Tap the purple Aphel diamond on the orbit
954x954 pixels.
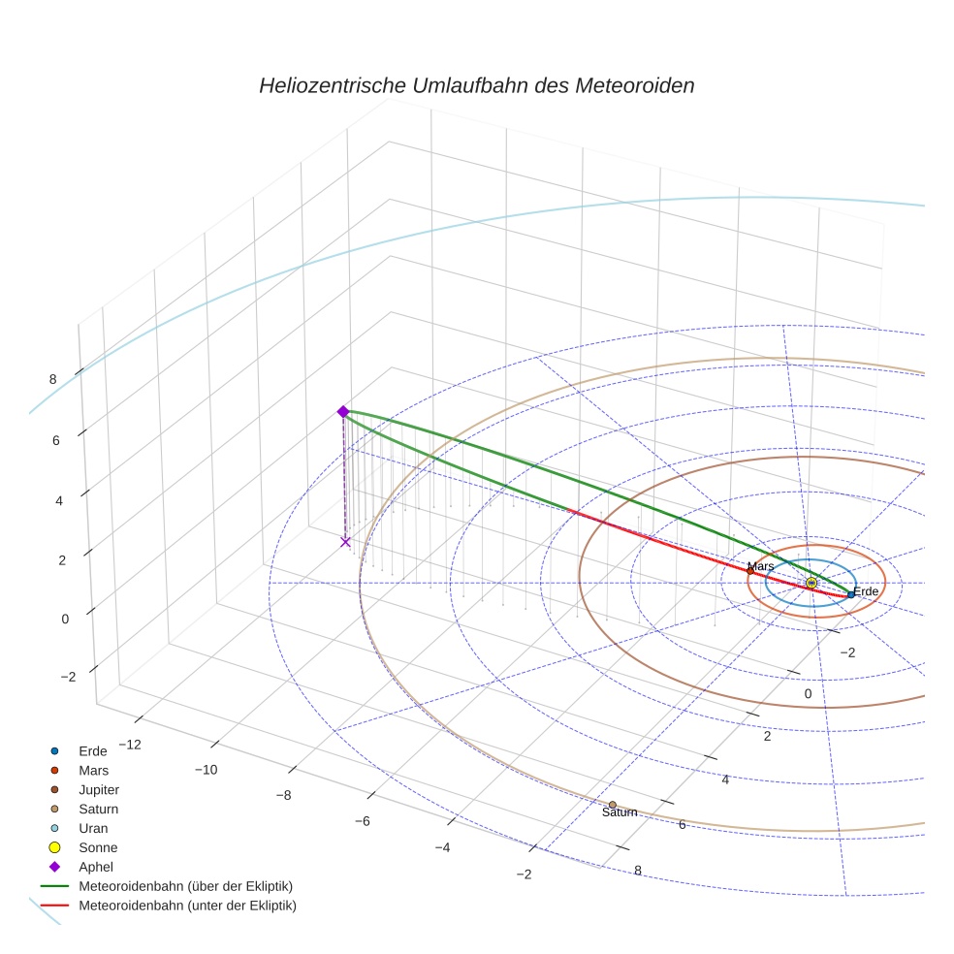click(x=342, y=412)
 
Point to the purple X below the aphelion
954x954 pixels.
click(x=345, y=542)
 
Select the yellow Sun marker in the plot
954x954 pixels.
click(x=811, y=583)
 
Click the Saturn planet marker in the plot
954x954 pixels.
click(x=612, y=805)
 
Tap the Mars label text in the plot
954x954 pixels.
click(x=760, y=566)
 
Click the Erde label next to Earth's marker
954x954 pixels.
click(x=866, y=591)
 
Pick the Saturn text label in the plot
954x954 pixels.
click(x=620, y=812)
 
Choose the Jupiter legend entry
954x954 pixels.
click(x=98, y=789)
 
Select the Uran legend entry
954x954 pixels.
click(x=93, y=828)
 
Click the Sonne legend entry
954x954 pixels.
click(x=98, y=847)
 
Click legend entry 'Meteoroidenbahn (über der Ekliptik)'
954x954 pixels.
click(x=185, y=886)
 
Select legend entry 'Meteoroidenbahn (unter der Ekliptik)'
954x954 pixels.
click(x=186, y=906)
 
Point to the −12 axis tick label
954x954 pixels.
click(x=128, y=745)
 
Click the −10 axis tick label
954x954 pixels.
click(x=206, y=770)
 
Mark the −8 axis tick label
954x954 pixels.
click(x=283, y=795)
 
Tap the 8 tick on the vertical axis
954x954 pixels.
click(x=52, y=379)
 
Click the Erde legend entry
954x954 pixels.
click(x=93, y=750)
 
